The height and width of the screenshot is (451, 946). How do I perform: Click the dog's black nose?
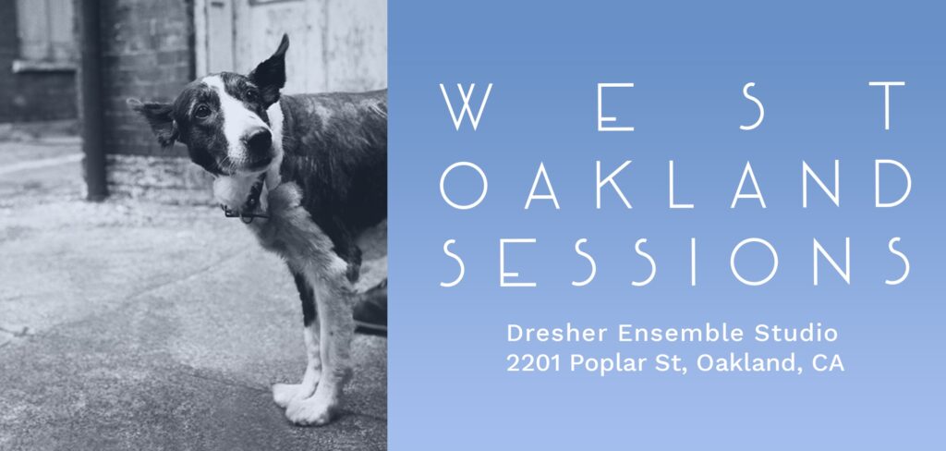click(260, 142)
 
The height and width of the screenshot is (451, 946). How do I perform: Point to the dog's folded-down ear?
click(155, 120)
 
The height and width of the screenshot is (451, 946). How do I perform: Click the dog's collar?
click(249, 202)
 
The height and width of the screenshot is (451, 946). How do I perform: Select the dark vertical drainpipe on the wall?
click(93, 100)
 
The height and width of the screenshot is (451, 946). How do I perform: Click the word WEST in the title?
click(673, 106)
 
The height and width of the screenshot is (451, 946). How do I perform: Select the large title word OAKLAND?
click(675, 184)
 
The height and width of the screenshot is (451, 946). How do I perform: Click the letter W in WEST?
click(466, 106)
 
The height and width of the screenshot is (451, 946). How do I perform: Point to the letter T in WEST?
click(887, 106)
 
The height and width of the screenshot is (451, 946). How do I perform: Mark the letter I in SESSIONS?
click(693, 262)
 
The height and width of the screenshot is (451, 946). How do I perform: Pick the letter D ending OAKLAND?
click(893, 184)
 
